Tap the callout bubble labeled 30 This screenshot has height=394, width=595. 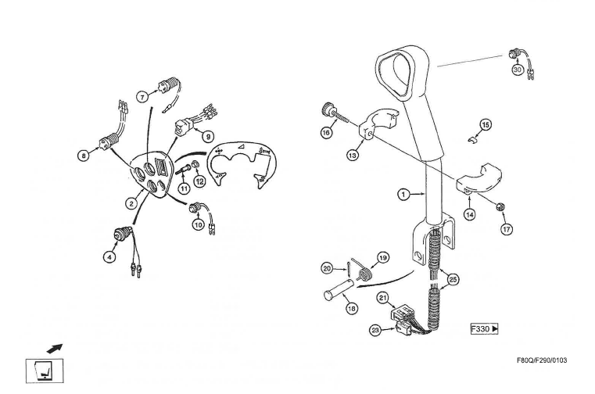517,70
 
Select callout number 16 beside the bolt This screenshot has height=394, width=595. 326,133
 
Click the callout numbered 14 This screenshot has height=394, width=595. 469,213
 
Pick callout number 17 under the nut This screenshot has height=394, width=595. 506,230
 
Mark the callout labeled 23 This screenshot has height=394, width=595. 375,331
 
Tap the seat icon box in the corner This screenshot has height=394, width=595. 40,369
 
